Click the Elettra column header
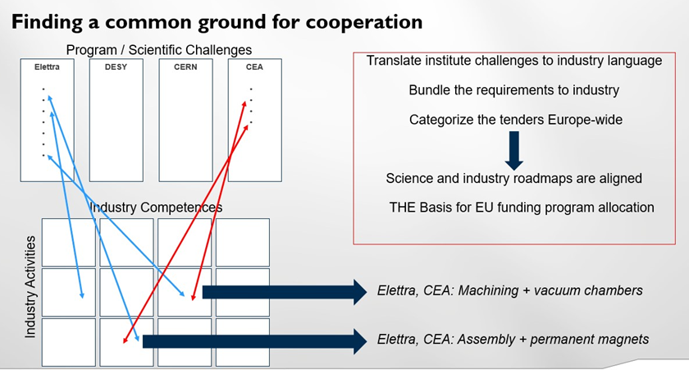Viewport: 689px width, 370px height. (47, 67)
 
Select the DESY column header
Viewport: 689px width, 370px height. (116, 67)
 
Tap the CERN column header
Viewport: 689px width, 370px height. (185, 67)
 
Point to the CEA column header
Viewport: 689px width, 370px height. (254, 67)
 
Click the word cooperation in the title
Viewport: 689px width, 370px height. (364, 22)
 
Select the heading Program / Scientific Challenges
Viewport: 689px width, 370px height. (159, 50)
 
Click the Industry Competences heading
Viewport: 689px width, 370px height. (156, 208)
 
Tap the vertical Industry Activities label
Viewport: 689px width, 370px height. (30, 287)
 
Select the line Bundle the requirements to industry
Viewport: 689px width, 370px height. (514, 90)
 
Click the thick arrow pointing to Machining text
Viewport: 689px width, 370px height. (285, 292)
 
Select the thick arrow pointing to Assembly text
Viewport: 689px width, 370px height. (255, 341)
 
